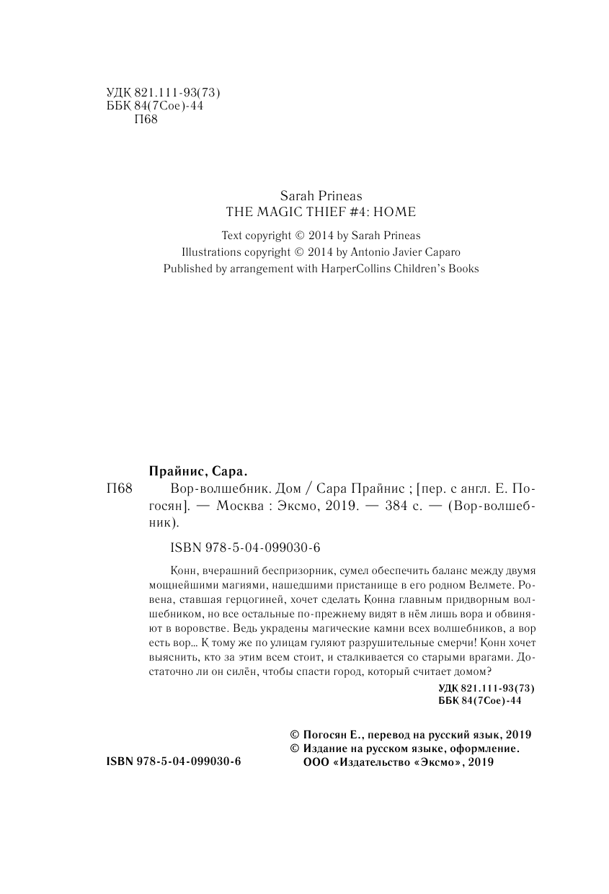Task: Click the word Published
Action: (x=189, y=269)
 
